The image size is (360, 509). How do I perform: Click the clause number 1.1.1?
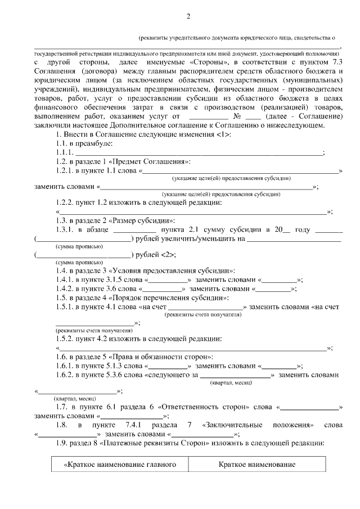[65, 152]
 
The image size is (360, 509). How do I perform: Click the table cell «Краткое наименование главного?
[119, 465]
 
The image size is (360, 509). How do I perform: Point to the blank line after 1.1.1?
[199, 152]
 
